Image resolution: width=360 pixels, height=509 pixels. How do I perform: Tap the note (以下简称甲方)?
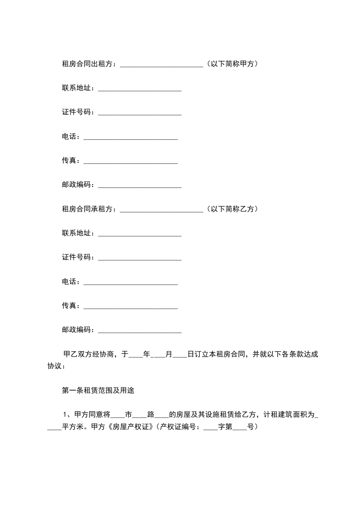232,64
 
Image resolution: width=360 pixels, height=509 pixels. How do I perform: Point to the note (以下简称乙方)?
232,209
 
